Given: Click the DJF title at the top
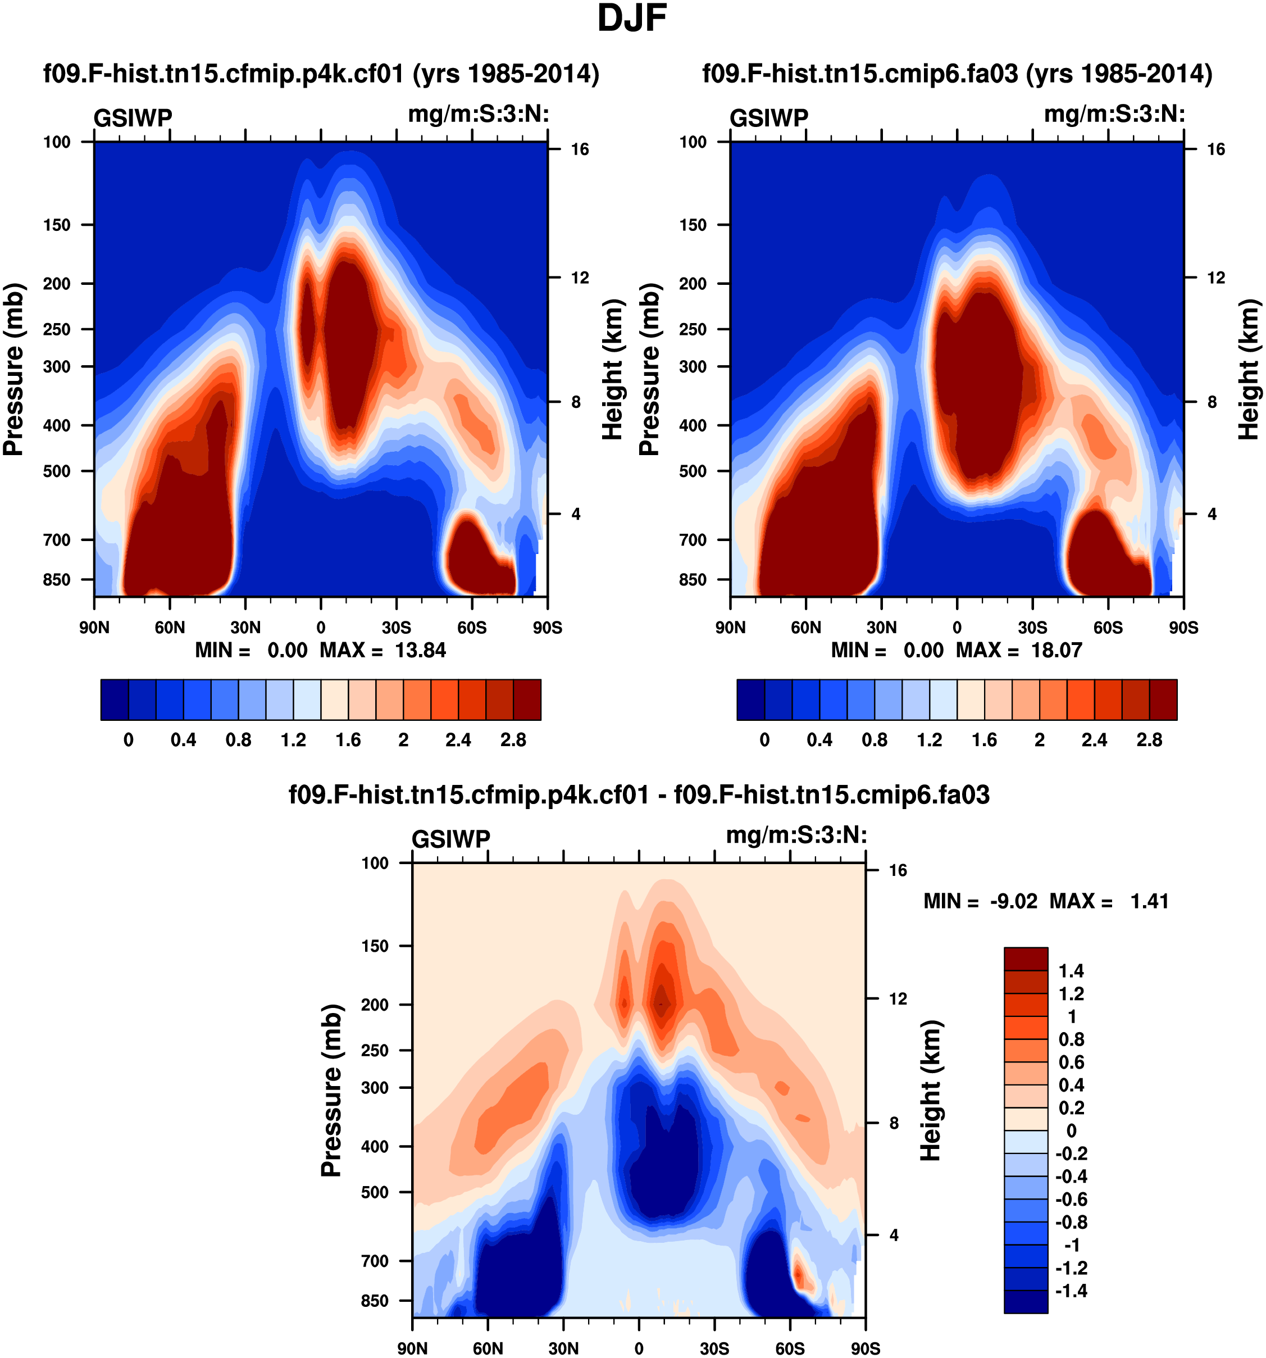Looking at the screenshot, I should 632,19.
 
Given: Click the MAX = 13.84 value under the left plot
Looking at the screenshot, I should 382,650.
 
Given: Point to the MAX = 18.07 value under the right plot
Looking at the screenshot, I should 1019,650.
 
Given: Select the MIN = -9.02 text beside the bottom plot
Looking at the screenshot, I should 980,901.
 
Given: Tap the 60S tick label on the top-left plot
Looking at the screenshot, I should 472,627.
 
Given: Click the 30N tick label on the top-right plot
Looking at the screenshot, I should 882,627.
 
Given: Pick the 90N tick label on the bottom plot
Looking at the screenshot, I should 412,1348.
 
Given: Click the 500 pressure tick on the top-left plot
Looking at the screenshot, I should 57,471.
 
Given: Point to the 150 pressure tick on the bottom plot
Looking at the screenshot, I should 375,946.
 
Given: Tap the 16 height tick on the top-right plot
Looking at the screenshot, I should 1216,149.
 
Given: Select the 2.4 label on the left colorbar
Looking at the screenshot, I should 458,740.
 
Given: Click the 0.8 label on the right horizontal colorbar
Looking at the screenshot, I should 875,740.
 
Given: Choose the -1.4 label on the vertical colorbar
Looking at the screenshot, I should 1071,1291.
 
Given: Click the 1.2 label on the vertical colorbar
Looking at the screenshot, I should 1071,993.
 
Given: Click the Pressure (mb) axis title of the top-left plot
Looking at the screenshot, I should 13,369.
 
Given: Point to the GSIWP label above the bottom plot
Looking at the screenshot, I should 450,838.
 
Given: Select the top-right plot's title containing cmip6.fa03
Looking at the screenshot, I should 957,73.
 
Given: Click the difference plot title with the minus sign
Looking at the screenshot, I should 639,794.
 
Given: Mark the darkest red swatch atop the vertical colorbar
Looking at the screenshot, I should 1026,959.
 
